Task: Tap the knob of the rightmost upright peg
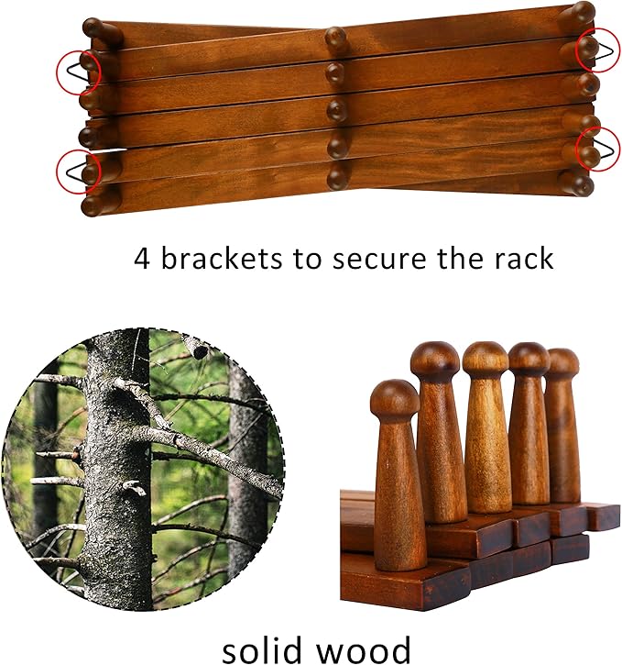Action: (562, 361)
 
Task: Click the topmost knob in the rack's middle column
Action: (335, 39)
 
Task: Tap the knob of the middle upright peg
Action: (486, 357)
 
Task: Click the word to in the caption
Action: (306, 258)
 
